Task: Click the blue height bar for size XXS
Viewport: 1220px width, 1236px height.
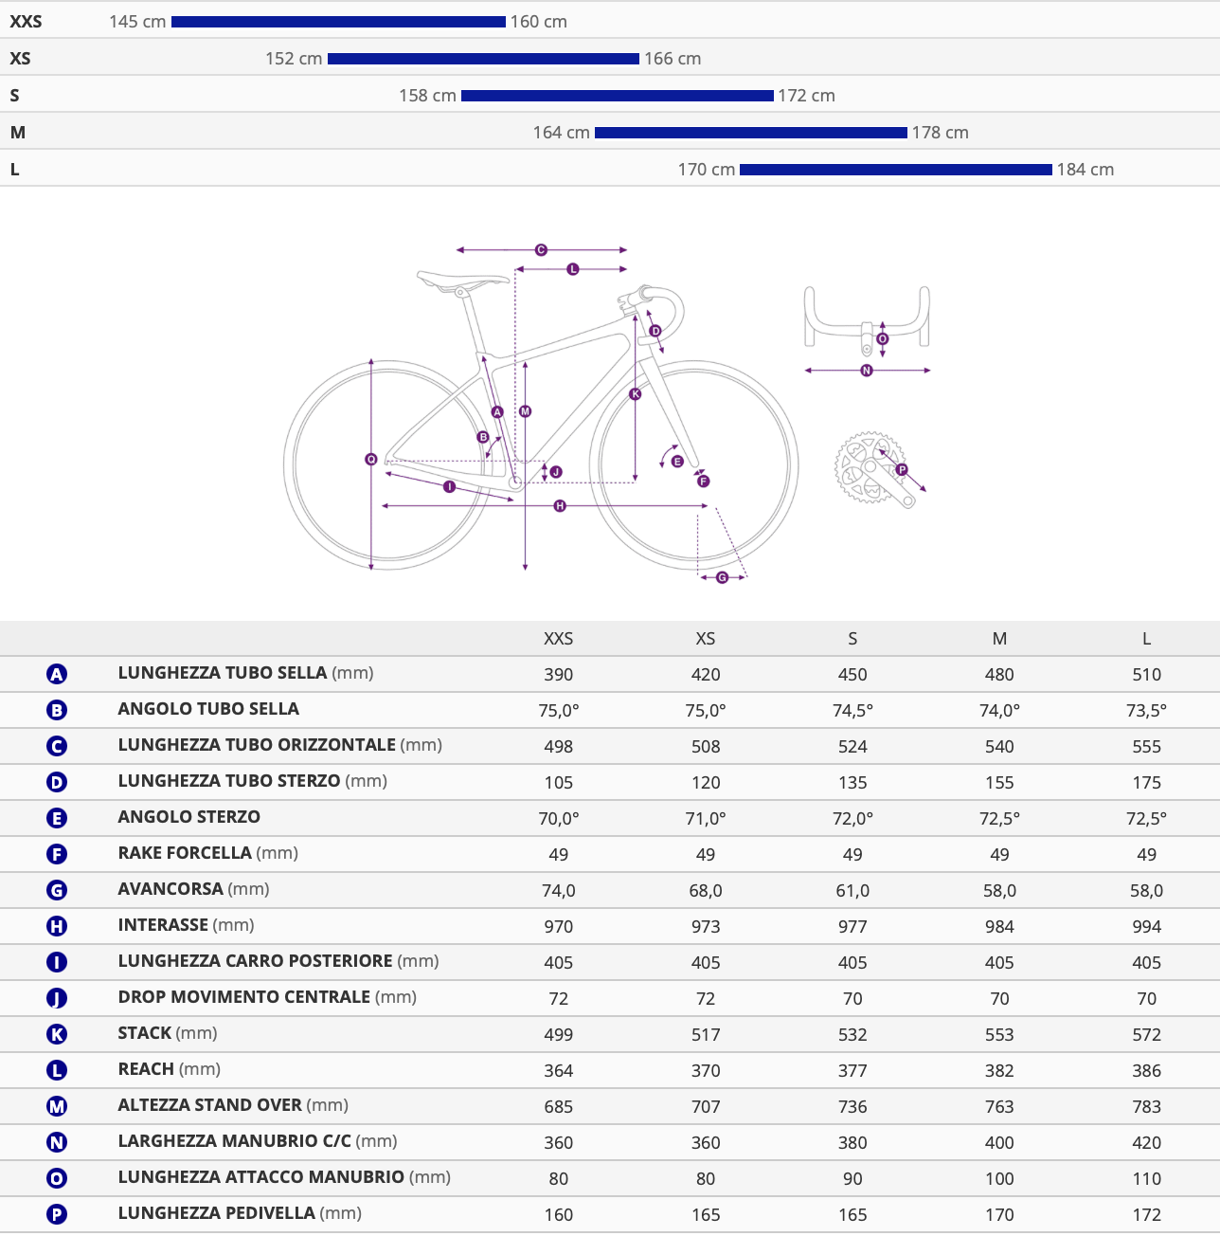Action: click(x=338, y=22)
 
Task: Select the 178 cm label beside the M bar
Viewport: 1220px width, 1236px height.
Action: click(x=940, y=133)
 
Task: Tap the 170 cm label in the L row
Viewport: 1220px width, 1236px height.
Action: click(x=706, y=170)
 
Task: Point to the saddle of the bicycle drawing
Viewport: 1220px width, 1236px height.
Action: click(x=461, y=280)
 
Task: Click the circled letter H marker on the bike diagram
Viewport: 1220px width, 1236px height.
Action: click(x=560, y=506)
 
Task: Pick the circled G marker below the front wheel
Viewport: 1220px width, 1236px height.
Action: click(x=722, y=578)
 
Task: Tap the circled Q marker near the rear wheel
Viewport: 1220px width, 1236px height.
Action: click(x=370, y=460)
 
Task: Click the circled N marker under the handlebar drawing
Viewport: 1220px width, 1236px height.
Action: click(x=867, y=370)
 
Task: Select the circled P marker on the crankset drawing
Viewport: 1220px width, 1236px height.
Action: click(x=902, y=469)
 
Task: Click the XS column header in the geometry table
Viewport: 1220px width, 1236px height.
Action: click(x=706, y=639)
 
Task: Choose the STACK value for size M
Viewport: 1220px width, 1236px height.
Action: click(x=998, y=1035)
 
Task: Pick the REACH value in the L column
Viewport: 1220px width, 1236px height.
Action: click(x=1146, y=1070)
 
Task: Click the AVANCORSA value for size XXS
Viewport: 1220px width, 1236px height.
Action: click(x=559, y=890)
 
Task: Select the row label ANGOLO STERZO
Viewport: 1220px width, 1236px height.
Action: click(x=189, y=817)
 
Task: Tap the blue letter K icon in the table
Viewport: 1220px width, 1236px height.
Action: click(x=57, y=1034)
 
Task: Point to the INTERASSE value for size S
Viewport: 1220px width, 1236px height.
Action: click(x=852, y=927)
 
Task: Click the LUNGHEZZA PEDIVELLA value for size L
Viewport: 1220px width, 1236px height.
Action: click(x=1146, y=1215)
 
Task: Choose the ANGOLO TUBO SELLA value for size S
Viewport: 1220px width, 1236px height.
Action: click(x=852, y=711)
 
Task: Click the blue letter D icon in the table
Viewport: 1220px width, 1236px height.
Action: click(x=57, y=782)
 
